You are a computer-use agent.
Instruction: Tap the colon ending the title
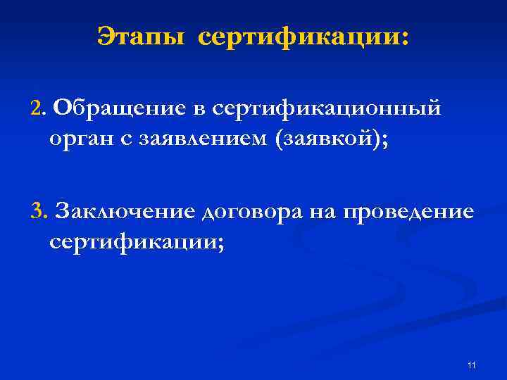click(403, 37)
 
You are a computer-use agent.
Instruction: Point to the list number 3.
click(37, 210)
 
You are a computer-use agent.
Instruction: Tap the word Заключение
click(125, 210)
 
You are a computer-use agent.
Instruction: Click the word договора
click(251, 211)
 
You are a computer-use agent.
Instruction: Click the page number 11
click(471, 365)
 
